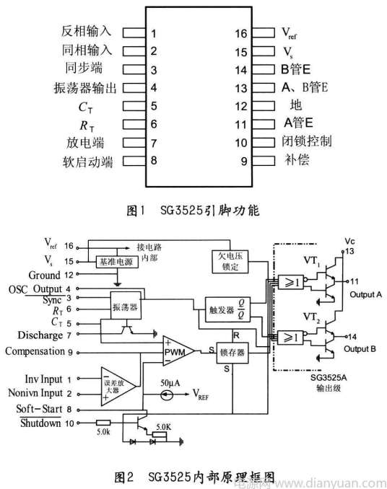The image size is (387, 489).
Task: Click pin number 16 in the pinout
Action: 241,33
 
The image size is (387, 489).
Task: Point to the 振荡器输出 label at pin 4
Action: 85,87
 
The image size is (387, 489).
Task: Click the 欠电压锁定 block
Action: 232,262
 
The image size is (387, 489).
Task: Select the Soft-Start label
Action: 34,410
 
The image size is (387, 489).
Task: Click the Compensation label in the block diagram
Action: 35,351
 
